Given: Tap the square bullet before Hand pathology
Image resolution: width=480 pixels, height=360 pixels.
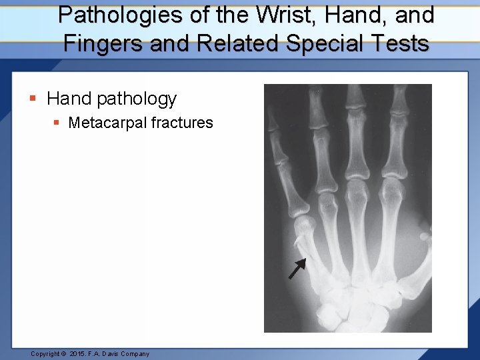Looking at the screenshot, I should tap(32, 99).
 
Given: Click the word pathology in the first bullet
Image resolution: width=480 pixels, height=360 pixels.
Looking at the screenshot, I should tap(136, 99).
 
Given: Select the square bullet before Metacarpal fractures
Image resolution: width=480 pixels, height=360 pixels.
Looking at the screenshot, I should tap(57, 123).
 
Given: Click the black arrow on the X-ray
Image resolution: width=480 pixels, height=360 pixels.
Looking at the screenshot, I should tap(297, 268).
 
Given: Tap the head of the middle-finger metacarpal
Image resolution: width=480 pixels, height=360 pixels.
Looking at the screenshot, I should tap(357, 189).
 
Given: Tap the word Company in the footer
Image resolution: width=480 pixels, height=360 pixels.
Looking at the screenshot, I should tap(135, 354).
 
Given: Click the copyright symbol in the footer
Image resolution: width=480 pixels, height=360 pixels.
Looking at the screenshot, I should tap(64, 354).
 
